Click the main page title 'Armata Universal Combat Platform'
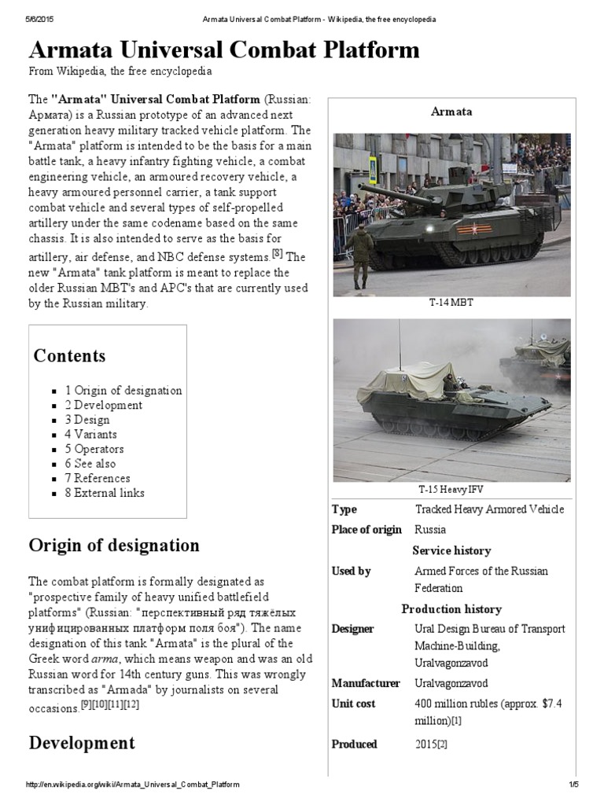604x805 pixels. tap(224, 50)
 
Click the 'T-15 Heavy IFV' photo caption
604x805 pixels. tap(451, 490)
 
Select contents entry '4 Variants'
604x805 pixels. tap(90, 434)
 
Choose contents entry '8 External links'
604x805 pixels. tap(105, 493)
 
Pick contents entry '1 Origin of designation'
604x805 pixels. tap(123, 390)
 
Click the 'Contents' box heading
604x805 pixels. tap(69, 355)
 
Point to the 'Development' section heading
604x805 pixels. tap(82, 743)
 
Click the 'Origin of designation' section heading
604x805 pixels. tap(114, 545)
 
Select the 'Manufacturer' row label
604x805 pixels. tap(366, 683)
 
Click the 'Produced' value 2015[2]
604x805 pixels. tap(431, 744)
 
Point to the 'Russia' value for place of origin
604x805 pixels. tap(430, 529)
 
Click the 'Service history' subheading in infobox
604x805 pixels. tap(451, 550)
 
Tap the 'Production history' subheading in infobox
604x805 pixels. tap(451, 609)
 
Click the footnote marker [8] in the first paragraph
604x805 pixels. tap(277, 252)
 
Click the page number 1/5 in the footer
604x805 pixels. tap(573, 785)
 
